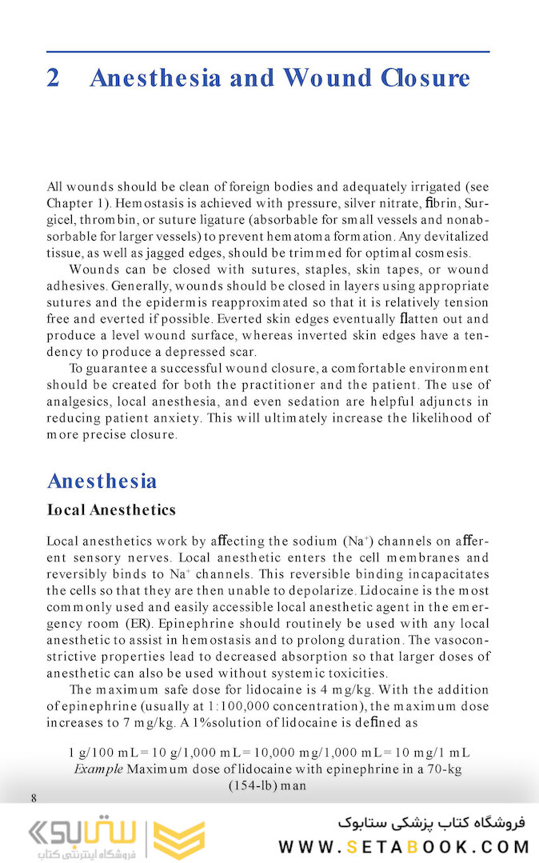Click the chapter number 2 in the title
click(54, 78)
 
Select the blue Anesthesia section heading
click(102, 481)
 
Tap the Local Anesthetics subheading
click(111, 509)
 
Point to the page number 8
click(34, 798)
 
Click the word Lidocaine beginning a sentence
click(389, 590)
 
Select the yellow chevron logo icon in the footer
click(178, 839)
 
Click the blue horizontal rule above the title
click(268, 52)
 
